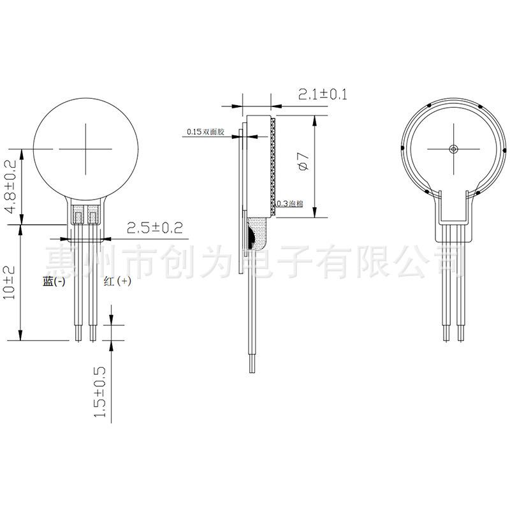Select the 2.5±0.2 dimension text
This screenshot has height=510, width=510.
click(154, 228)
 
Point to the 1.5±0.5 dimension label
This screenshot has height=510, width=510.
click(100, 392)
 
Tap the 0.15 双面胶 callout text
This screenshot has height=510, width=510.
click(205, 133)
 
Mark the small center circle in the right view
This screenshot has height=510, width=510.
click(453, 149)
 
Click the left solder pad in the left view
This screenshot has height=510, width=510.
click(78, 215)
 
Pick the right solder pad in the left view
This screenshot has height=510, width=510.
click(93, 215)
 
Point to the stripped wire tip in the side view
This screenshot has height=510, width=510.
click(250, 365)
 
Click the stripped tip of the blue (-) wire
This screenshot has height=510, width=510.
click(78, 332)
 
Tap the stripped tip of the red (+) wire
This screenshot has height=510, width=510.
click(93, 332)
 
